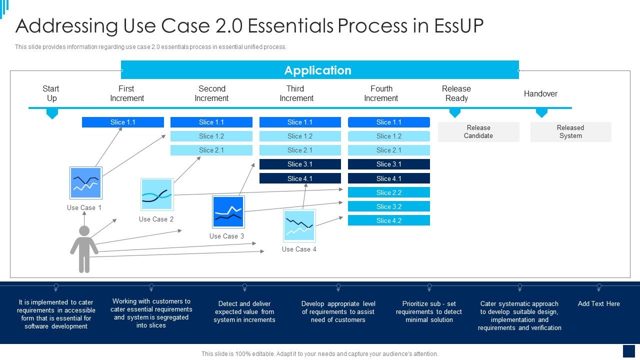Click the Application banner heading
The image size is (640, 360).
(x=318, y=70)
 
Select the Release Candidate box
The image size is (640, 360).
(x=478, y=132)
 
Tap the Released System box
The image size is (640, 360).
(x=570, y=132)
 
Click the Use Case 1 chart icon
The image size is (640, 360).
(x=85, y=183)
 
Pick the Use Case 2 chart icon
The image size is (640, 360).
(x=157, y=194)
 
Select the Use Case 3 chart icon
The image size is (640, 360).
(x=228, y=212)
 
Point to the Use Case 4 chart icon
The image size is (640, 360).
(x=299, y=225)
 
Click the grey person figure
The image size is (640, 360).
(x=84, y=249)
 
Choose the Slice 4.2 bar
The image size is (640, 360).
(x=389, y=220)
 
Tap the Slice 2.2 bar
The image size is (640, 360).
(x=389, y=192)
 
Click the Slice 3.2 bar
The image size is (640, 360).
(x=389, y=206)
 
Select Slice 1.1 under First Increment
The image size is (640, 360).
(x=123, y=122)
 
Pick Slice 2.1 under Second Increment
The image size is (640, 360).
(x=211, y=150)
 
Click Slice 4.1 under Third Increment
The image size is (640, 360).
(x=300, y=178)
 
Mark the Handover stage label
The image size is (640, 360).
(x=540, y=94)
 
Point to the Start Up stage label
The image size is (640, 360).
(x=51, y=93)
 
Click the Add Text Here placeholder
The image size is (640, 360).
(x=598, y=304)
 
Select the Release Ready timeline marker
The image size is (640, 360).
(x=454, y=113)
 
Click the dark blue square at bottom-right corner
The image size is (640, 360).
(x=628, y=351)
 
